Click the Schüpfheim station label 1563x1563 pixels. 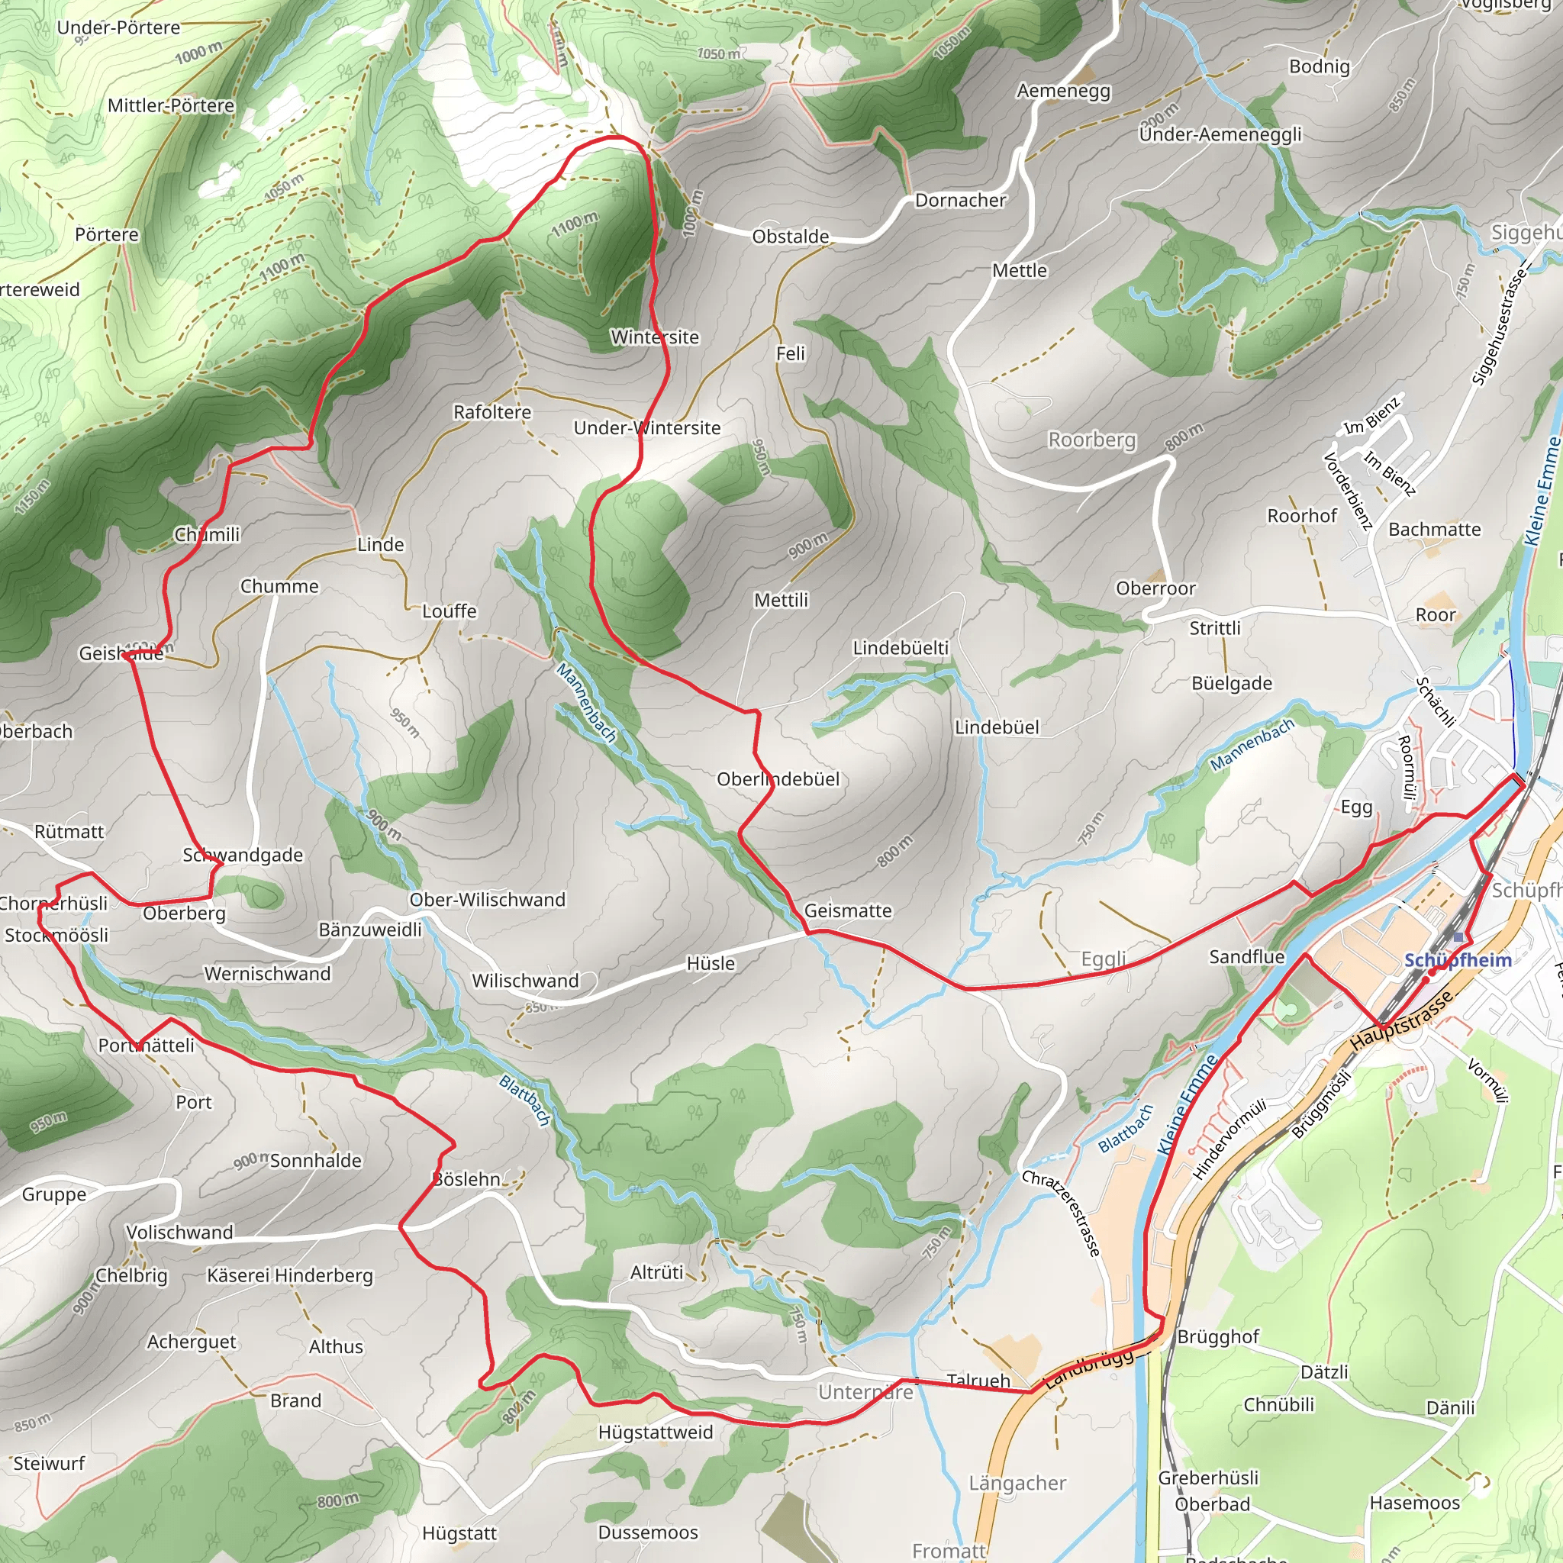[x=1457, y=960]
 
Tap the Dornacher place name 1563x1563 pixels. [x=960, y=200]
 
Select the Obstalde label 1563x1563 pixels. [x=791, y=237]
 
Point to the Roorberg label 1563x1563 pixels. [x=1091, y=440]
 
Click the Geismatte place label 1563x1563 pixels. [x=848, y=910]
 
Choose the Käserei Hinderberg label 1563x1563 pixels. [x=289, y=1275]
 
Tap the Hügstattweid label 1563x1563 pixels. [x=656, y=1432]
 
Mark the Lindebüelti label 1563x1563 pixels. [x=901, y=648]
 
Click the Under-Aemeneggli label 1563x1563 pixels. [x=1220, y=134]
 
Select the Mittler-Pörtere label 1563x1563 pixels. [x=171, y=105]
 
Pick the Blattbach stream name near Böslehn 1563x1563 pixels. [x=525, y=1101]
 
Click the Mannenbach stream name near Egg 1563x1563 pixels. [x=1252, y=745]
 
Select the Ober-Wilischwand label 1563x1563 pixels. [x=487, y=900]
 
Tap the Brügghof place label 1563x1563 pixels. [x=1217, y=1336]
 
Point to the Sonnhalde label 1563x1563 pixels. [x=315, y=1160]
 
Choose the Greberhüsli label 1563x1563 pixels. [x=1208, y=1478]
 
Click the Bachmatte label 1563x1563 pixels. [x=1434, y=529]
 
